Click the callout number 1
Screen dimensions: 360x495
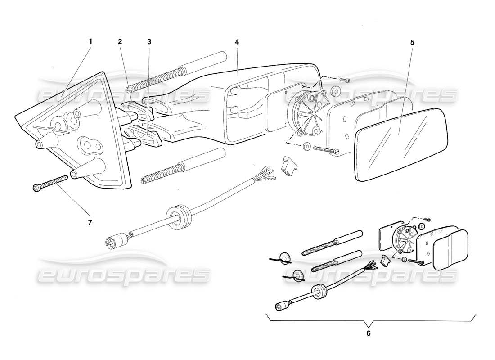pyautogui.click(x=90, y=41)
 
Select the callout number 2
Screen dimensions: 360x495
pyautogui.click(x=120, y=41)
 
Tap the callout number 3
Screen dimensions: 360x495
pyautogui.click(x=149, y=41)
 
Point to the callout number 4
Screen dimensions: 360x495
pyautogui.click(x=237, y=41)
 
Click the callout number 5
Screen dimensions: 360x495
pyautogui.click(x=412, y=43)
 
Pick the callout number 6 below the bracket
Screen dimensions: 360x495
pyautogui.click(x=369, y=333)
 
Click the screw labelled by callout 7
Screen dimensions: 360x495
pyautogui.click(x=49, y=183)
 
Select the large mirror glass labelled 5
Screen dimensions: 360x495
pyautogui.click(x=400, y=144)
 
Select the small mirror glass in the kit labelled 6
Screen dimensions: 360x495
pyautogui.click(x=450, y=250)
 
